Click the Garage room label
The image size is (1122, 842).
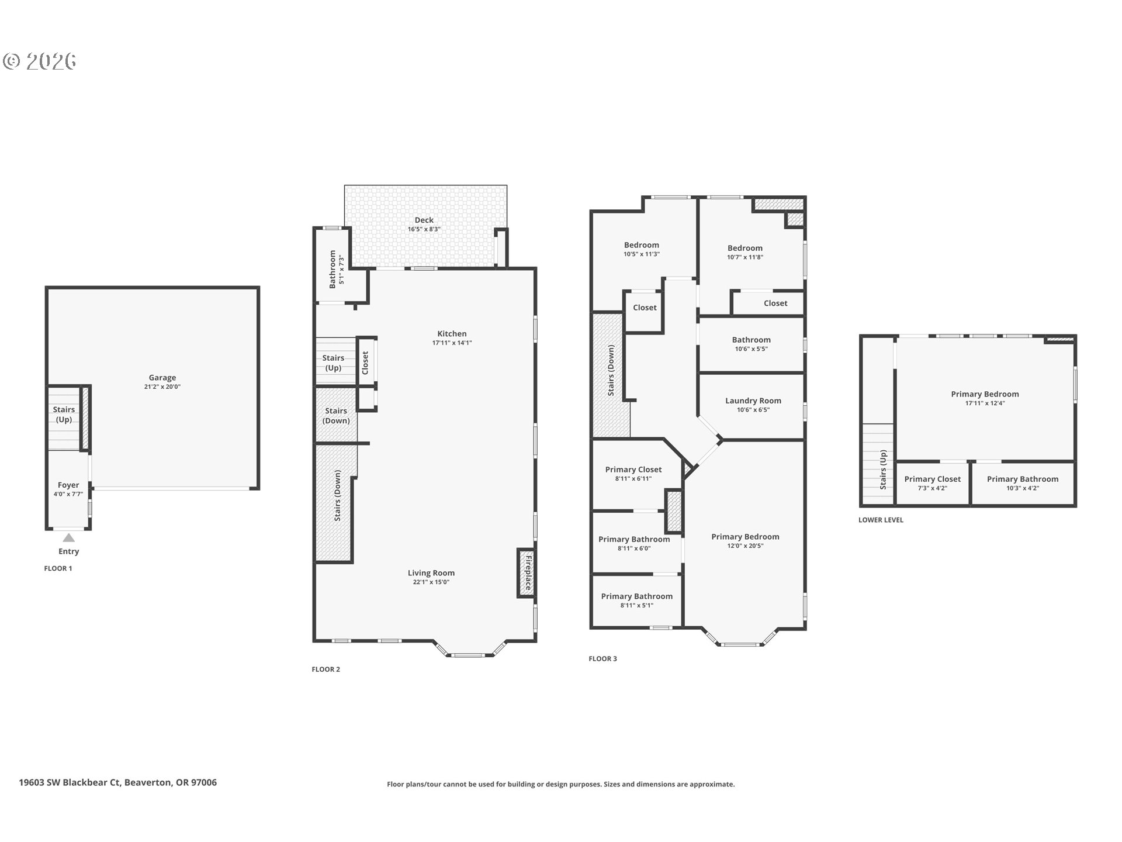point(162,378)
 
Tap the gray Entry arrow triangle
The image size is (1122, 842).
point(69,538)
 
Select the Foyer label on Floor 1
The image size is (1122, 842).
point(68,485)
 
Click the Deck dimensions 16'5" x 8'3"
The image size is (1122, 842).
point(424,229)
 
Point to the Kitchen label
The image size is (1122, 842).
point(452,334)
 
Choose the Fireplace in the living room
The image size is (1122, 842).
point(527,573)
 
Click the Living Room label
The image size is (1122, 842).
point(431,573)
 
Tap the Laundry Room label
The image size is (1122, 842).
point(753,401)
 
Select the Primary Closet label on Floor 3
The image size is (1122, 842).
point(633,470)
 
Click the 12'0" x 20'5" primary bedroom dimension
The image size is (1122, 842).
point(745,546)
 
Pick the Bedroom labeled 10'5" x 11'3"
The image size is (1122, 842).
point(642,245)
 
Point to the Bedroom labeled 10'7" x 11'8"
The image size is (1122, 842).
point(745,248)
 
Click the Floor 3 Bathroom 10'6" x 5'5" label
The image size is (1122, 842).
point(752,340)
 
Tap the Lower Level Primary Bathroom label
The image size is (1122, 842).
point(1023,479)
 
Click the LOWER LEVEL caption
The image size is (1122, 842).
point(881,520)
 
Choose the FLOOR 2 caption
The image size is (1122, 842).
point(325,670)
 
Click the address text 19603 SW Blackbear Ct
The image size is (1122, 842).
point(70,782)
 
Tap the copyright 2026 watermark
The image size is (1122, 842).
point(40,61)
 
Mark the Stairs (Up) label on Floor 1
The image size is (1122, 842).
point(64,415)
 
